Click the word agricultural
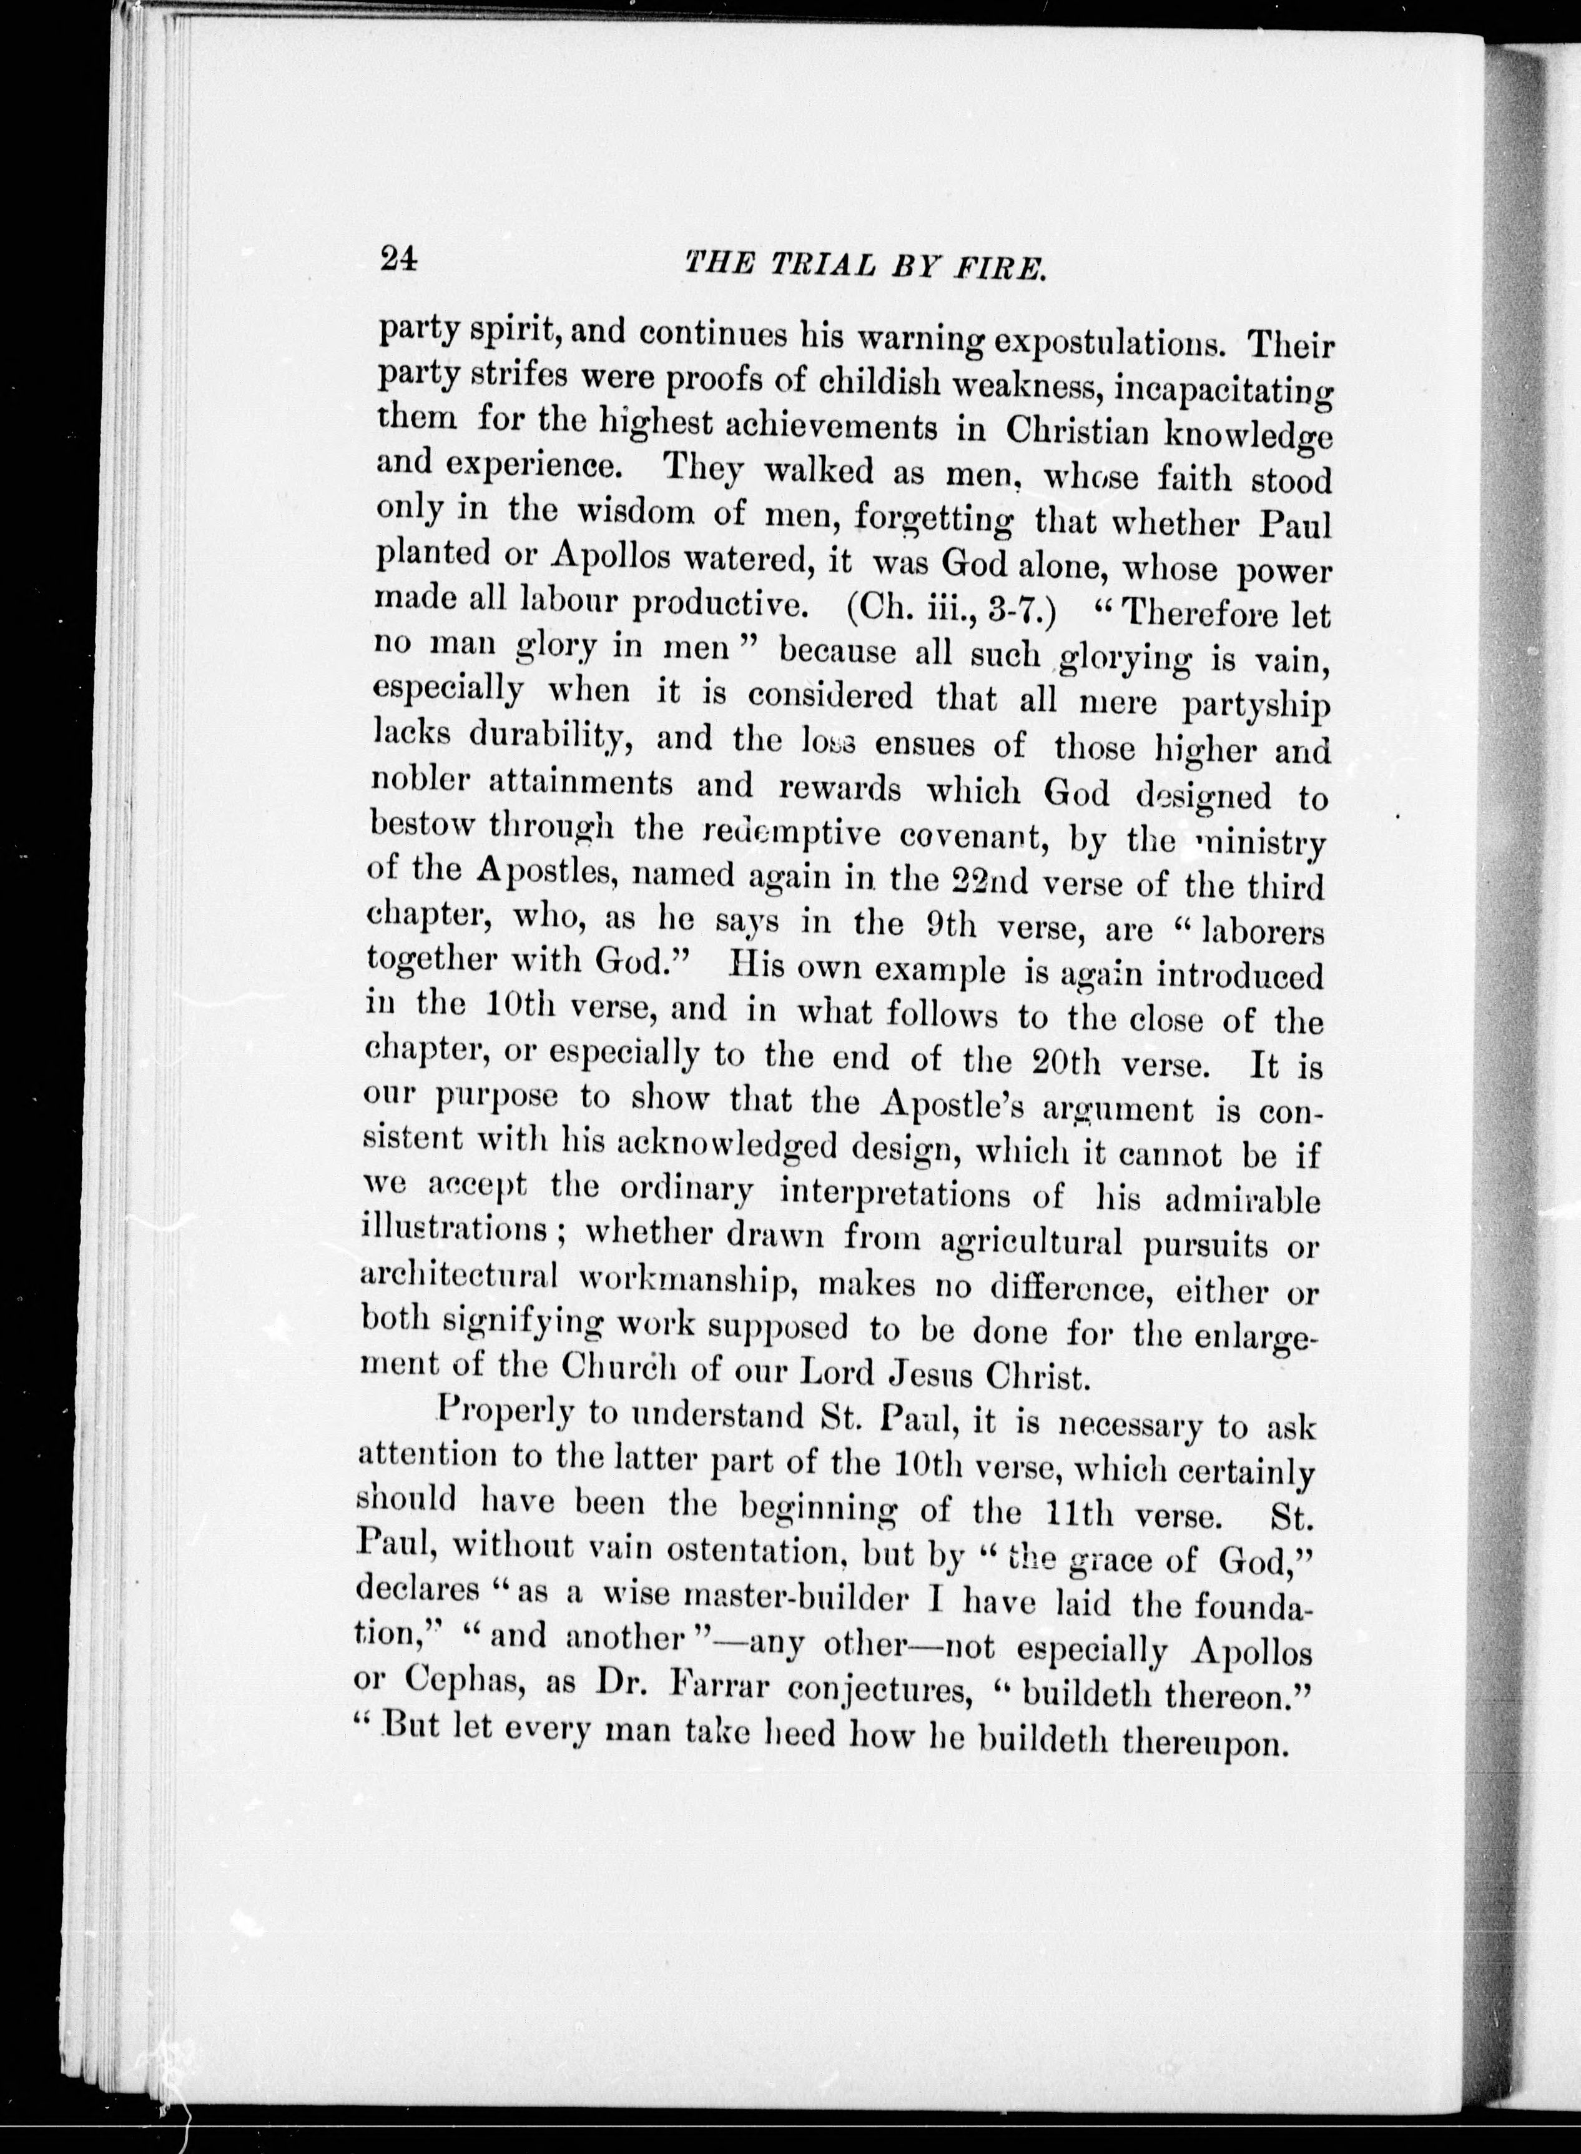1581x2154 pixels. (1032, 1244)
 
